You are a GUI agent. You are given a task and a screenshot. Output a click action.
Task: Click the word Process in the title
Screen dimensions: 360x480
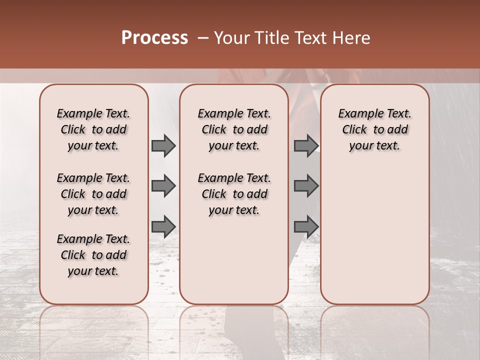pos(154,38)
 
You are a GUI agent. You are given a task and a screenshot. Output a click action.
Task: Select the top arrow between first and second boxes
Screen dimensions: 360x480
pos(163,145)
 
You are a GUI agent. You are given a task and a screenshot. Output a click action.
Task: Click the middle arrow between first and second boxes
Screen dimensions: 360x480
pos(163,186)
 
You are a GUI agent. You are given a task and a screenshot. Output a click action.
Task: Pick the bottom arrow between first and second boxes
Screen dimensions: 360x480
pos(163,226)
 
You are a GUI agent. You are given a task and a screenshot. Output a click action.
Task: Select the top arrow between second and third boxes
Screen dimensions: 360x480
pos(306,145)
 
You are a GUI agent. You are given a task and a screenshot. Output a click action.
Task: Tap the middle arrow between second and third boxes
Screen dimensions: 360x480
pos(306,186)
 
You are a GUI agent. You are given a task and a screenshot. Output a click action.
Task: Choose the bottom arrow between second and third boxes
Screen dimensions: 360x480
pos(306,226)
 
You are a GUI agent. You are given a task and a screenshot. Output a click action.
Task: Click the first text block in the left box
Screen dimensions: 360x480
pos(93,129)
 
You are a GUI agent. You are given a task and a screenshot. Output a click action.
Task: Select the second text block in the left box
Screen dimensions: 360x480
pos(93,194)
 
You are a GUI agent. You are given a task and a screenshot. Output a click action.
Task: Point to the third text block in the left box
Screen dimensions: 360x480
pos(93,255)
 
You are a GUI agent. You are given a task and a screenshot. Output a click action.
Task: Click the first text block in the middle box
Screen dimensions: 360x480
pos(234,129)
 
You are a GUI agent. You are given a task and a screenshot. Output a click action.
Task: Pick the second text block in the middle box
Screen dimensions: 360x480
pos(234,194)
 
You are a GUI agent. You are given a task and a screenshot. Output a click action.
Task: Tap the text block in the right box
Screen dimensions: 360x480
pos(375,129)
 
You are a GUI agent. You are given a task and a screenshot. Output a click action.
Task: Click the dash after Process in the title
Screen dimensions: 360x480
pos(203,38)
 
